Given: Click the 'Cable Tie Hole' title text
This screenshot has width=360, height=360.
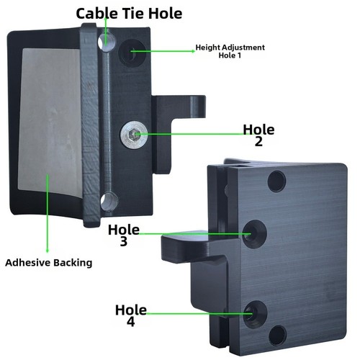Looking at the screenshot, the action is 129,14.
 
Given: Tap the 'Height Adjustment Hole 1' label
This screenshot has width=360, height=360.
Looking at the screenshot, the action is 230,51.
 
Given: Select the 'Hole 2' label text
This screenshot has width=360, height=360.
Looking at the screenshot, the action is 258,135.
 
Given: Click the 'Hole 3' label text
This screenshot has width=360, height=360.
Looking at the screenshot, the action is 124,235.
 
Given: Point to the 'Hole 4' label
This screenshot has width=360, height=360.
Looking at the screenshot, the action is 131,315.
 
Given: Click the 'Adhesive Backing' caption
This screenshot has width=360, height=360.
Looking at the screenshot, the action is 49,263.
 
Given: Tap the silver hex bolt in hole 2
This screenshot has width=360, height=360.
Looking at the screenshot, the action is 134,135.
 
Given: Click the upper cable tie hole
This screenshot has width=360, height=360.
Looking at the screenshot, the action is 107,42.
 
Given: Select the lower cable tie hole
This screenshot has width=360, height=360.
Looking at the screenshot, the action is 109,202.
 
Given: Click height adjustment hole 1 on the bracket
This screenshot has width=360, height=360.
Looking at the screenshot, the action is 132,53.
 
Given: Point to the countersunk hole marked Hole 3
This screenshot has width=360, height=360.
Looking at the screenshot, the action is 254,234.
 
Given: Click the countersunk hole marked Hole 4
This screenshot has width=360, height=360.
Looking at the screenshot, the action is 255,315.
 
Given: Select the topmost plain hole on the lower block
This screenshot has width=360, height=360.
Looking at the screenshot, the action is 276,181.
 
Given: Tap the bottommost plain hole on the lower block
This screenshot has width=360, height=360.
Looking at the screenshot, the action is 278,336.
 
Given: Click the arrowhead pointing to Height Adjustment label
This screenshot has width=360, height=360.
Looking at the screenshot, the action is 193,51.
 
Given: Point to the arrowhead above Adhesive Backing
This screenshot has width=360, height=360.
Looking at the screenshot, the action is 48,250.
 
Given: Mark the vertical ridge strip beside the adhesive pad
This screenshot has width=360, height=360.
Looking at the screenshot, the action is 90,125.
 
